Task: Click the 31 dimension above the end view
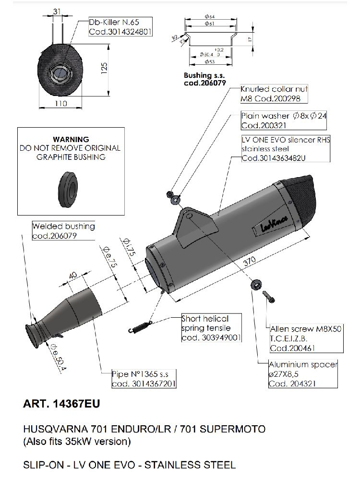(x=57, y=12)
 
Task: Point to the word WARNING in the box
(x=71, y=139)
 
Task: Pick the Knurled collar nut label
(x=274, y=94)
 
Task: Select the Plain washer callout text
(x=283, y=120)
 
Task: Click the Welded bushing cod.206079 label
(x=63, y=231)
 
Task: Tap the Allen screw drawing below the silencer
(x=269, y=295)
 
